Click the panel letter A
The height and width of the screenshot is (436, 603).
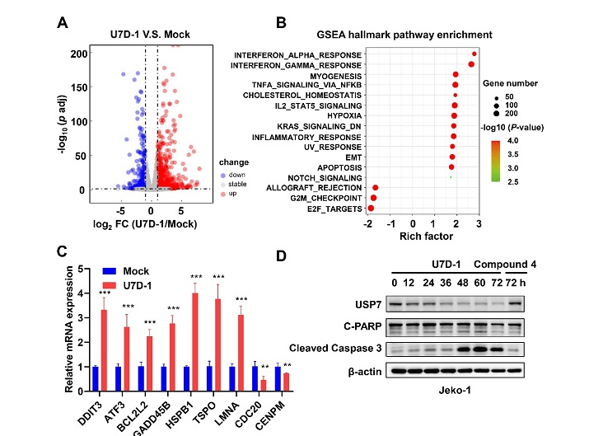pos(62,21)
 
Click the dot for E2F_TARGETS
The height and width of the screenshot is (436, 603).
pos(371,209)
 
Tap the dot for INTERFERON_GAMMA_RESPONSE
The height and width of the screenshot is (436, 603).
pos(471,64)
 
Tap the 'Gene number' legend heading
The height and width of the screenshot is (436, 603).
pos(512,83)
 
